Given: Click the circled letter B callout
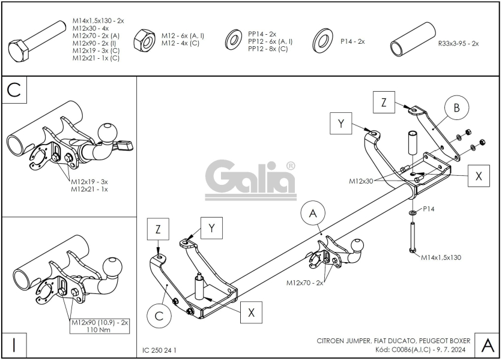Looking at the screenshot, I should tap(456, 108).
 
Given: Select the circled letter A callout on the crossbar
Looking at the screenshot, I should tap(312, 214).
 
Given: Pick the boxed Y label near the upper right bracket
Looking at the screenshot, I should tap(341, 124).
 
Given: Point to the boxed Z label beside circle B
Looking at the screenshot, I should tap(384, 101).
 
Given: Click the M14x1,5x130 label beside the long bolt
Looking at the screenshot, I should tap(441, 257).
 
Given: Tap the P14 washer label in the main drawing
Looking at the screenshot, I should tap(429, 209).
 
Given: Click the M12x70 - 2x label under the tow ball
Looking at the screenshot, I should tap(304, 282).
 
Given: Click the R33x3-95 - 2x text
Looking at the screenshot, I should tap(458, 44).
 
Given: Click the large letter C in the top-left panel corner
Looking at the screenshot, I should tap(14, 91).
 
